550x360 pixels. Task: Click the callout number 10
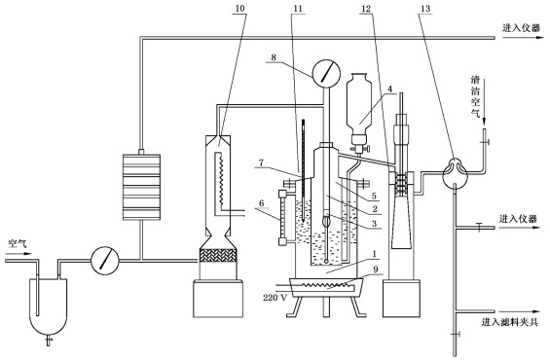[x=239, y=9]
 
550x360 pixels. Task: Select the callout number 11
[x=298, y=9]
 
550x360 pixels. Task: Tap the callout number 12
[x=366, y=9]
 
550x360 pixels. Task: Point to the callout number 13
[x=425, y=9]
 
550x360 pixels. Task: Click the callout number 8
[x=275, y=56]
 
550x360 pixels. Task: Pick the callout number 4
[x=389, y=89]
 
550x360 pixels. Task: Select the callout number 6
[x=262, y=203]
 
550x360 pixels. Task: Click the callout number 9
[x=376, y=270]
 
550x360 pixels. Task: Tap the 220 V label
[x=275, y=298]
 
